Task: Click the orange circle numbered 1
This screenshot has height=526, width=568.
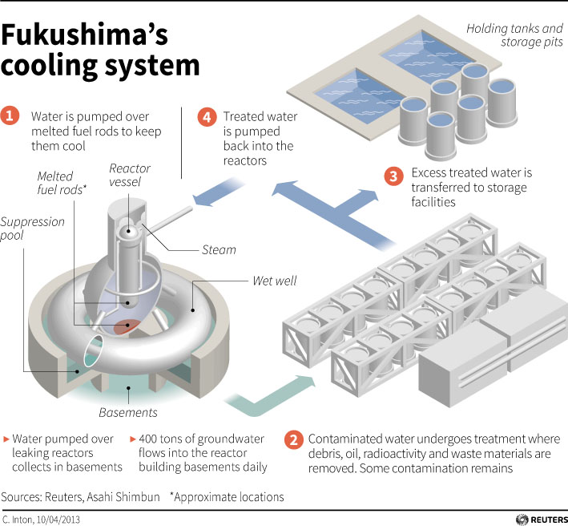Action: tap(11, 116)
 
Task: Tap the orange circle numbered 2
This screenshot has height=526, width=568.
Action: tap(294, 439)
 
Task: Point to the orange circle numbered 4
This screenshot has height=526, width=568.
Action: tap(207, 117)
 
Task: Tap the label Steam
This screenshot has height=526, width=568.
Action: tap(219, 249)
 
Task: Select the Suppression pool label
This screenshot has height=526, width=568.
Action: tap(31, 229)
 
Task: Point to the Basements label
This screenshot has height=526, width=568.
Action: tap(127, 413)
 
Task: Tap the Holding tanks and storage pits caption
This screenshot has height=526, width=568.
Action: tap(515, 36)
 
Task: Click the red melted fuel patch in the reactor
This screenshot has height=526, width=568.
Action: tap(125, 326)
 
